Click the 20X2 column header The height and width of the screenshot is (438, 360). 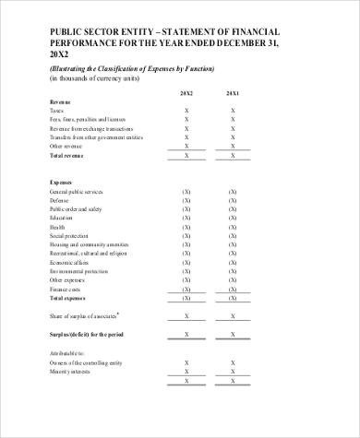click(186, 93)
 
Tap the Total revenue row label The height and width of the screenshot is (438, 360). click(66, 155)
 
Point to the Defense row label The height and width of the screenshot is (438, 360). click(59, 200)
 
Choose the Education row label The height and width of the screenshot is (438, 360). click(62, 218)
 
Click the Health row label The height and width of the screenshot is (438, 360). click(57, 227)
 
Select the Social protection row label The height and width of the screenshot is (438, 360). click(68, 236)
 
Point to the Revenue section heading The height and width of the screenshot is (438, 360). click(60, 101)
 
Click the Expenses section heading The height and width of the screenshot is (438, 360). click(61, 183)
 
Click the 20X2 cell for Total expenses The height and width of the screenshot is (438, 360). click(186, 299)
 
